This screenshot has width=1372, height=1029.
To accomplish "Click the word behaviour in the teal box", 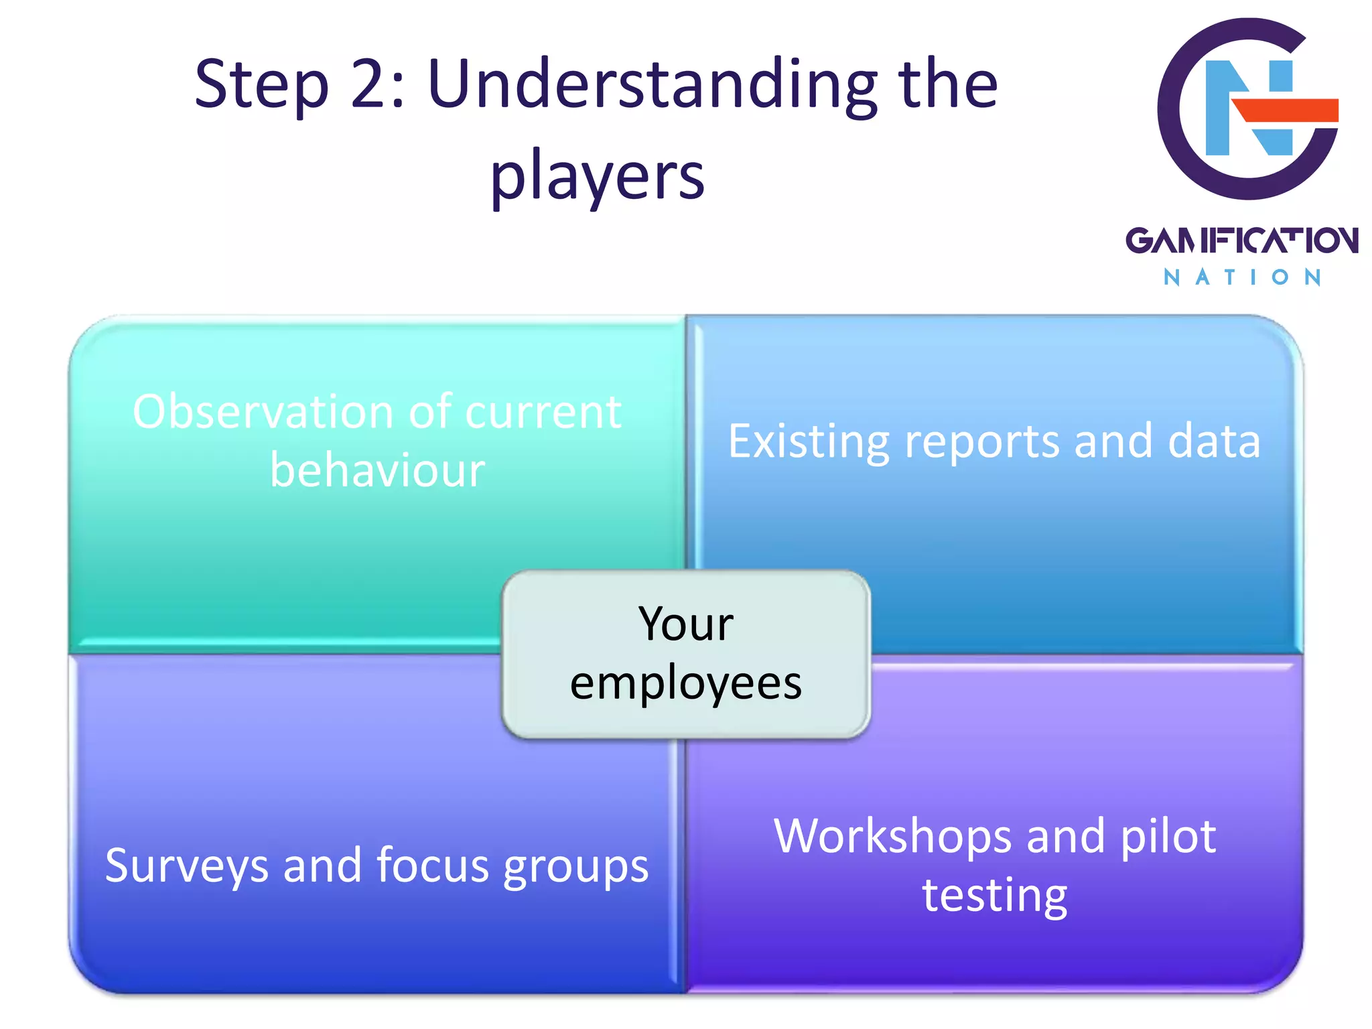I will [377, 470].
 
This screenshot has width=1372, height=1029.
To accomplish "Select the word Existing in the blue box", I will [809, 442].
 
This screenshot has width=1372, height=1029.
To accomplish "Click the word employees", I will [686, 683].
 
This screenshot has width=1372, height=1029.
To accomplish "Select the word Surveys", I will [187, 866].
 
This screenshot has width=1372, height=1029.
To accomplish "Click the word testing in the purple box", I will [995, 896].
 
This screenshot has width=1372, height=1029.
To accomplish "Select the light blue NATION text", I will [1241, 277].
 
